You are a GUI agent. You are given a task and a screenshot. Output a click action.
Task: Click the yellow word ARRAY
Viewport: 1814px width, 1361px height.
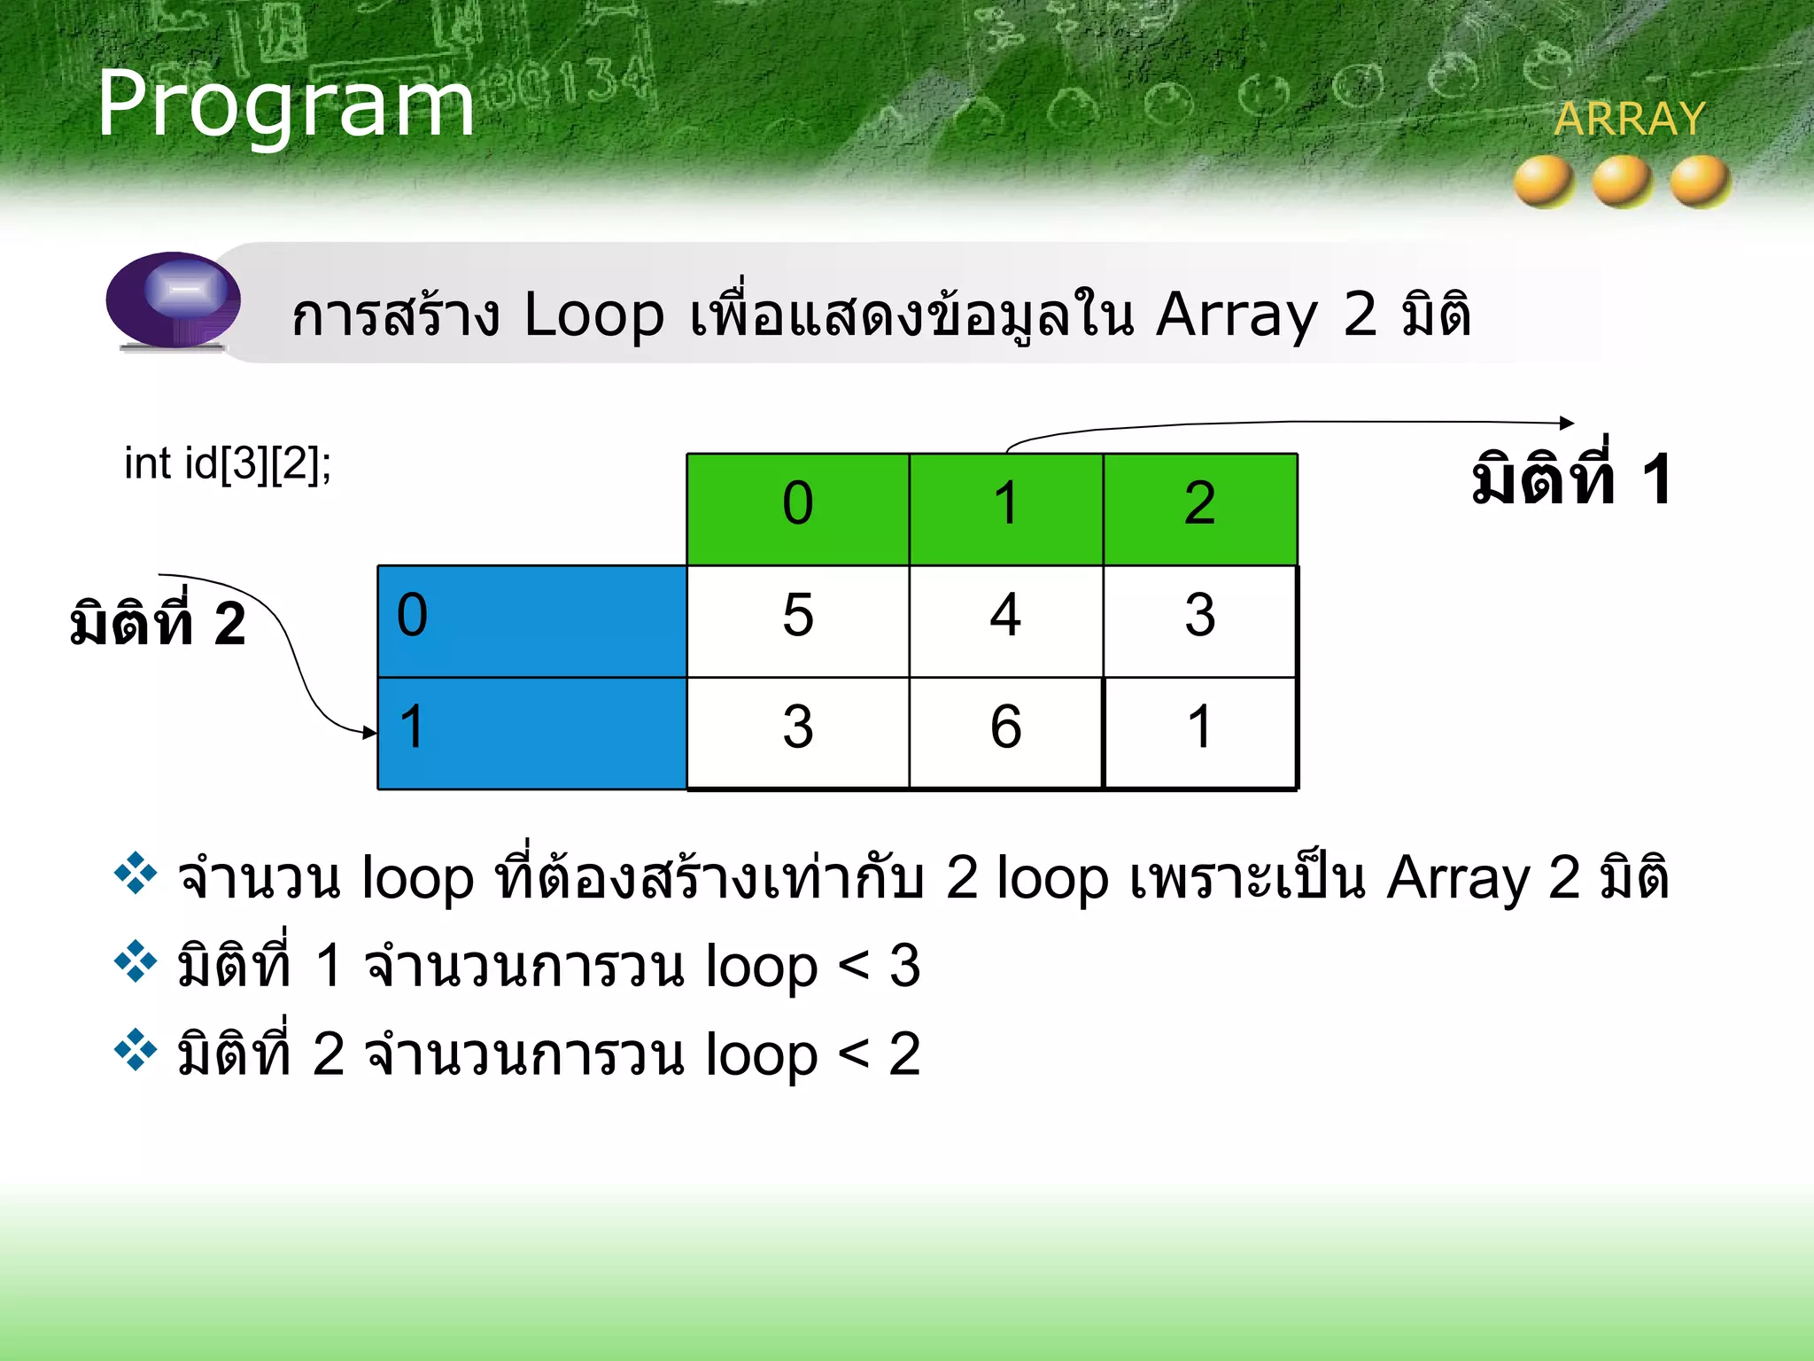(1629, 119)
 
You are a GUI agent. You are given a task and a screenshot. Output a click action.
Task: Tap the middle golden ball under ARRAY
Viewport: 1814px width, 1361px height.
(1622, 181)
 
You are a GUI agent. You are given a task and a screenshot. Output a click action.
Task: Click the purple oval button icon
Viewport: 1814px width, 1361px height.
(174, 299)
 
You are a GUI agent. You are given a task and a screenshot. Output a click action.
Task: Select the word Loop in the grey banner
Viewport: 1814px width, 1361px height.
(593, 315)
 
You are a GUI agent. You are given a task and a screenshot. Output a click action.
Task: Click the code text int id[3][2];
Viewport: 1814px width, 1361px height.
(228, 463)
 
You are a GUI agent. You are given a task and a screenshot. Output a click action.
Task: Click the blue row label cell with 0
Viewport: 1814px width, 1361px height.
(531, 620)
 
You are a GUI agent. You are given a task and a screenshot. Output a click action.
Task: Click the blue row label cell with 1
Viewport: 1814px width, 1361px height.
(531, 732)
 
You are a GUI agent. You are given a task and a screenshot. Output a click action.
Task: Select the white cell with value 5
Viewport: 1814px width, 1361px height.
(797, 620)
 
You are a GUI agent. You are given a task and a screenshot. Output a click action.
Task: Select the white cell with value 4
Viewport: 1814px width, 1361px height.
(1005, 620)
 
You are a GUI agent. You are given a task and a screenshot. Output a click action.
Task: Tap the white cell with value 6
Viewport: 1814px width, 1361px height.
(1005, 732)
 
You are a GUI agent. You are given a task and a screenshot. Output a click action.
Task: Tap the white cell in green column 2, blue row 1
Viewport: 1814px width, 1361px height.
(1199, 732)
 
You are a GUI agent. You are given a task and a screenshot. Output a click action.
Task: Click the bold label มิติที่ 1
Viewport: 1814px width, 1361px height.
(1570, 481)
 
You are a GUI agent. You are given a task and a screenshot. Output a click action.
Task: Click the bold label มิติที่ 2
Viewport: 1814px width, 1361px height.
(158, 624)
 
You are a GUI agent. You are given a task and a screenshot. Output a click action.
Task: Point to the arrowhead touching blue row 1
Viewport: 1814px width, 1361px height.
(370, 732)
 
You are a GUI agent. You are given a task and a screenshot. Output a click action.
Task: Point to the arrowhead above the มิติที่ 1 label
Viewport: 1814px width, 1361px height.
(1567, 424)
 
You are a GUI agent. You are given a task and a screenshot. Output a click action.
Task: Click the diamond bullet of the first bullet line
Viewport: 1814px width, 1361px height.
(136, 874)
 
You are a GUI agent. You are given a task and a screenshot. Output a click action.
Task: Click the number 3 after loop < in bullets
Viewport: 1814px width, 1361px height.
(904, 966)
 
